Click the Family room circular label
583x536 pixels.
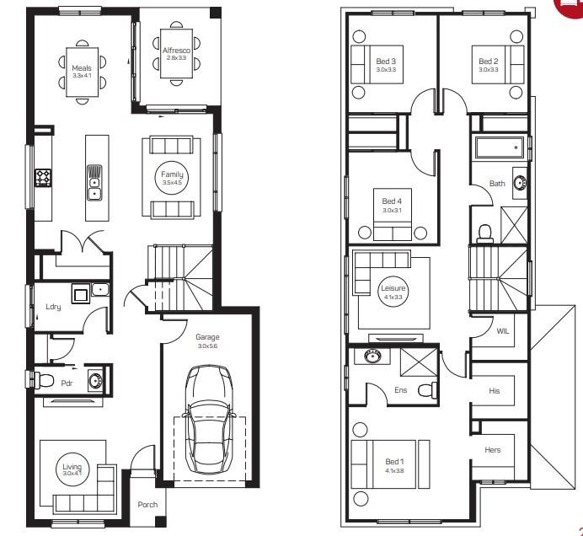pos(172,178)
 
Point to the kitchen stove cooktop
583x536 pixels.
pos(43,178)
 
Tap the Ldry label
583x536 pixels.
pos(52,308)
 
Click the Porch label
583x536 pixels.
pos(147,505)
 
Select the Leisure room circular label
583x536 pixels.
pos(393,292)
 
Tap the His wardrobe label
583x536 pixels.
pos(495,391)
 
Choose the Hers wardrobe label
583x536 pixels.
pos(493,450)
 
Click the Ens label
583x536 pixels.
pos(401,390)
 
